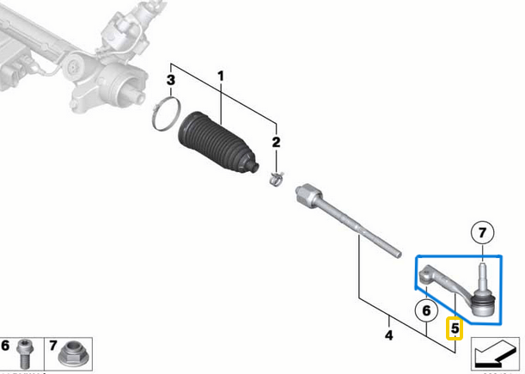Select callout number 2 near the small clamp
coord(276,142)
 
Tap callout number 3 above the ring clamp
coord(171,81)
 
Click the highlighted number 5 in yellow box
coord(455,328)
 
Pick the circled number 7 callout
coord(482,232)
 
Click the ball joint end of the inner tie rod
coord(304,193)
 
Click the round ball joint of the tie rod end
coord(483,303)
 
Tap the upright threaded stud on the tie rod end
coord(482,274)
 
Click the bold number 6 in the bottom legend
coord(7,346)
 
